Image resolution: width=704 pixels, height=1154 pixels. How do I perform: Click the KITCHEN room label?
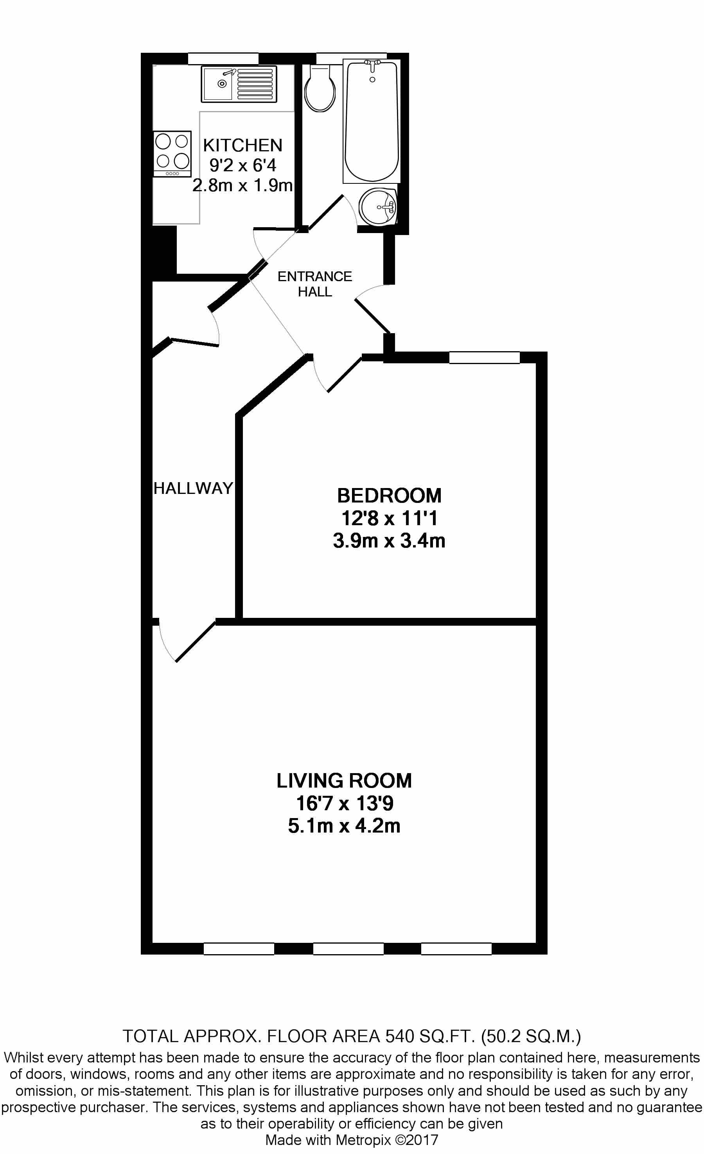coord(242,145)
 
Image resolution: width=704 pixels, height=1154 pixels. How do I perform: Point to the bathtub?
coord(372,122)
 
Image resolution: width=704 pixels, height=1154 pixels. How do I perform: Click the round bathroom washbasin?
coord(377,206)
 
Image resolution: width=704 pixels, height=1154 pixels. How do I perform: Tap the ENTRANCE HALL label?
coord(314,284)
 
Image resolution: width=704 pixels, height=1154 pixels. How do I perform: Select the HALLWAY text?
coord(193,488)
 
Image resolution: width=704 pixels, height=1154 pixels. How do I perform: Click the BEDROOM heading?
coord(389,495)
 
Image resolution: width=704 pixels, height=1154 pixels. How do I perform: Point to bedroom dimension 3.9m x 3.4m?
coord(389,541)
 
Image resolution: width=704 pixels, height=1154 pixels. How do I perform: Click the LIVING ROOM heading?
coord(344,781)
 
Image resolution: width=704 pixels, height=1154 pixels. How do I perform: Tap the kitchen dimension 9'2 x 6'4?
coord(242,165)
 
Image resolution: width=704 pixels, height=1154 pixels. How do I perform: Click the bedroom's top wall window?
coord(484,358)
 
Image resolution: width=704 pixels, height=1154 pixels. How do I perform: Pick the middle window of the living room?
coord(348,949)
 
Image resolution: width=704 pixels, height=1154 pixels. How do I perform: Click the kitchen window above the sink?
coord(223,59)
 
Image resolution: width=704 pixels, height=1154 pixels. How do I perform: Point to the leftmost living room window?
coord(239,949)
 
